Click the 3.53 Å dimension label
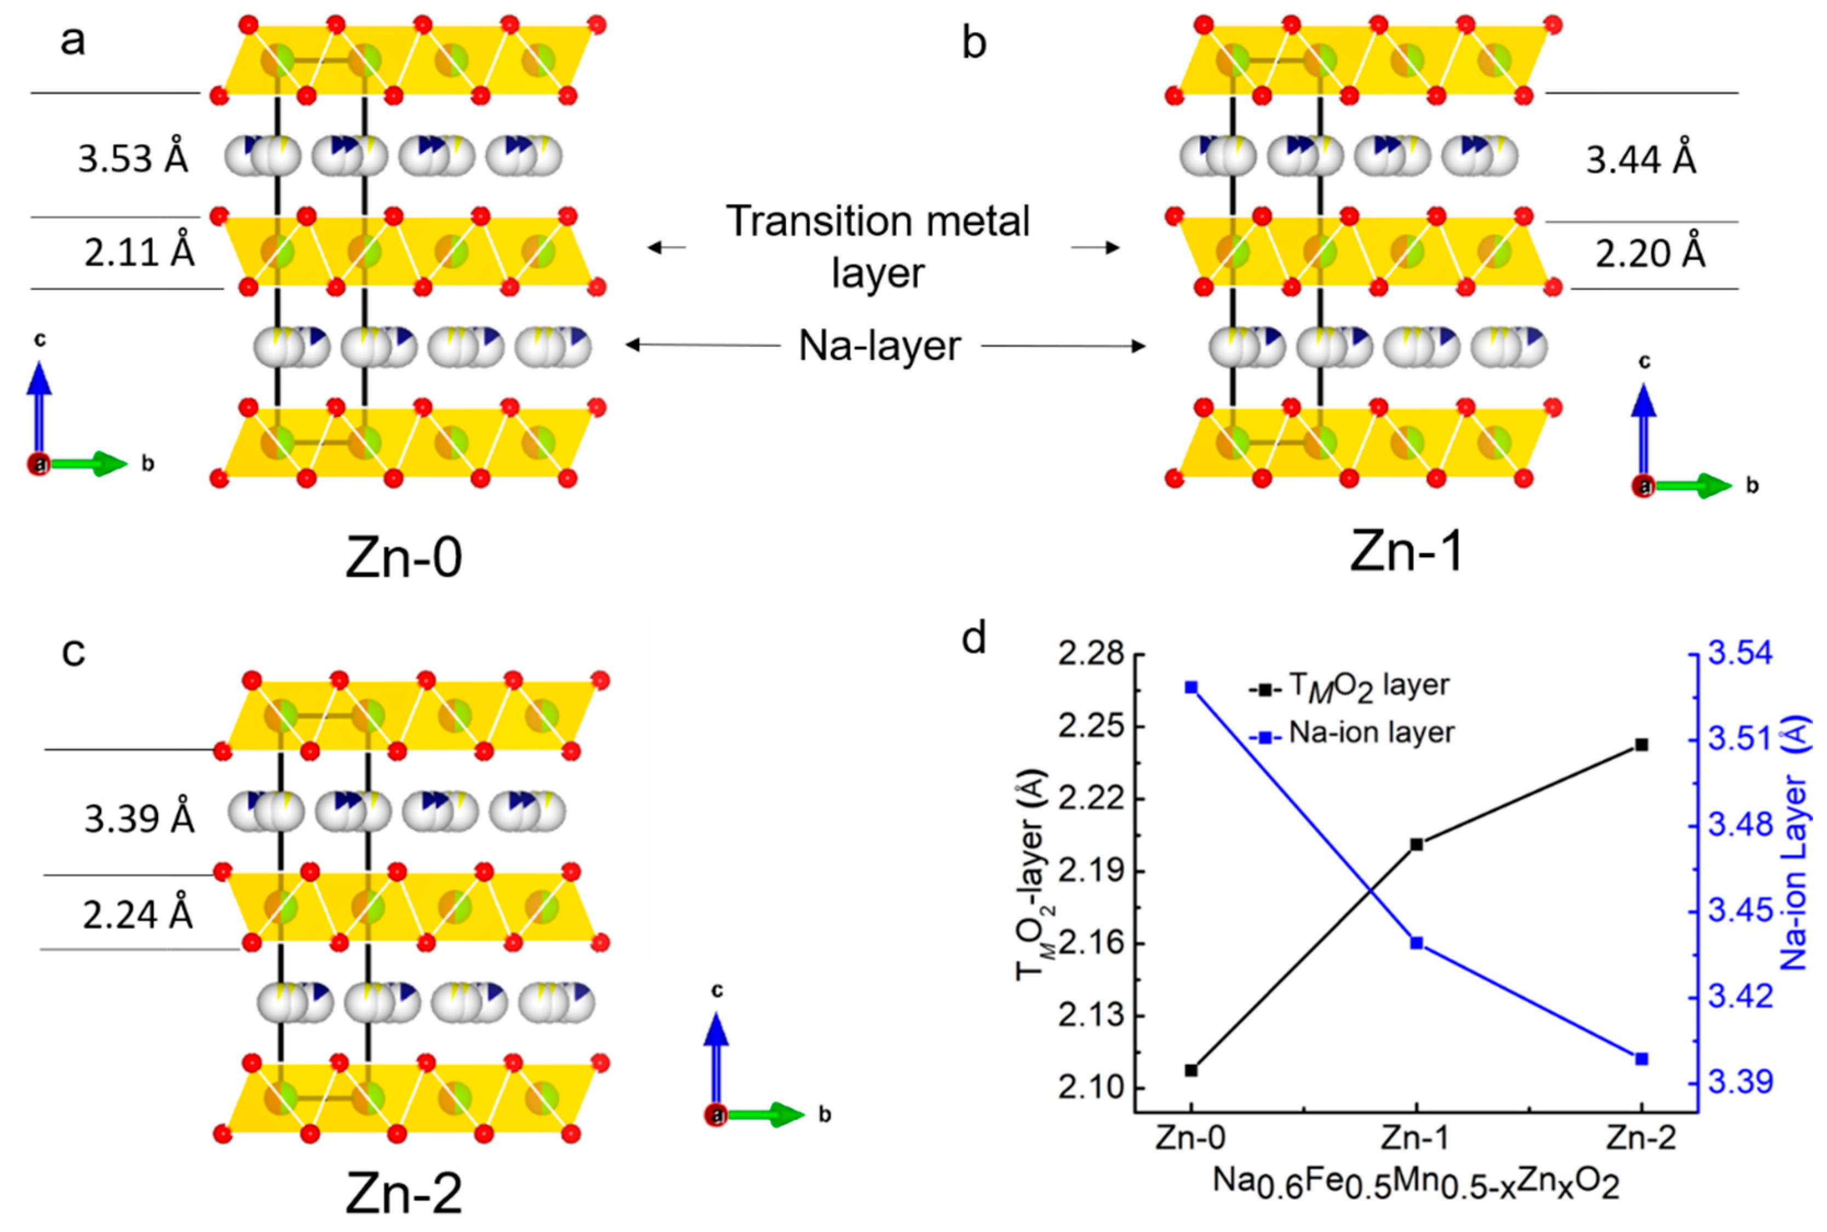[133, 159]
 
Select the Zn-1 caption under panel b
[1407, 552]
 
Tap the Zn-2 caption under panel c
[404, 1194]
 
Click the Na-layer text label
[879, 346]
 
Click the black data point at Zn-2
[1641, 744]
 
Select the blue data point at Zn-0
[1192, 687]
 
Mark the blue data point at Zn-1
[1417, 943]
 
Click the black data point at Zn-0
[1192, 1070]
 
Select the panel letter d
[975, 639]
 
